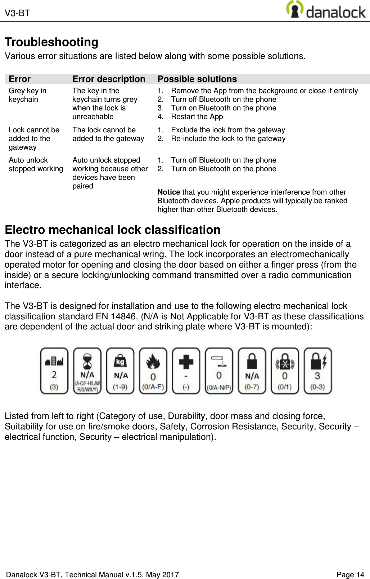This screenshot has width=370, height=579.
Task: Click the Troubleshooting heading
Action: (51, 42)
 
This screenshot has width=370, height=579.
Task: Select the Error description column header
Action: (109, 79)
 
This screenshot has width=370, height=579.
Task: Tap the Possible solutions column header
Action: (197, 79)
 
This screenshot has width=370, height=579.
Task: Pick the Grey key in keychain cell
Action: (28, 95)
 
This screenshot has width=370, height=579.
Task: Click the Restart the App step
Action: (197, 117)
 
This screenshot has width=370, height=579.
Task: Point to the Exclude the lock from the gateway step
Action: (228, 130)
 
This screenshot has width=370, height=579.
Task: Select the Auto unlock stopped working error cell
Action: (36, 164)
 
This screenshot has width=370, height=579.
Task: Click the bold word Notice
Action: (169, 192)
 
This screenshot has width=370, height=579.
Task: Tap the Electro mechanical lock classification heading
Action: (112, 229)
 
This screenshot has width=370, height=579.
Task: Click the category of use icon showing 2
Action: (54, 370)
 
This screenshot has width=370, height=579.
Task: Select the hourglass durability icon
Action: (87, 370)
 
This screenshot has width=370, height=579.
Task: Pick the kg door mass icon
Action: (120, 370)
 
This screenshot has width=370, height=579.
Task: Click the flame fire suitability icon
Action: (153, 370)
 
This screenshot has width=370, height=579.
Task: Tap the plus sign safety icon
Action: (186, 370)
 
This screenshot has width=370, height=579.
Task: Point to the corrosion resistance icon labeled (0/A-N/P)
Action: (219, 370)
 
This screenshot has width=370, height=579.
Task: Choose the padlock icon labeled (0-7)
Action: (252, 370)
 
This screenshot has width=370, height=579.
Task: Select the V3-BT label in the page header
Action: (17, 13)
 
